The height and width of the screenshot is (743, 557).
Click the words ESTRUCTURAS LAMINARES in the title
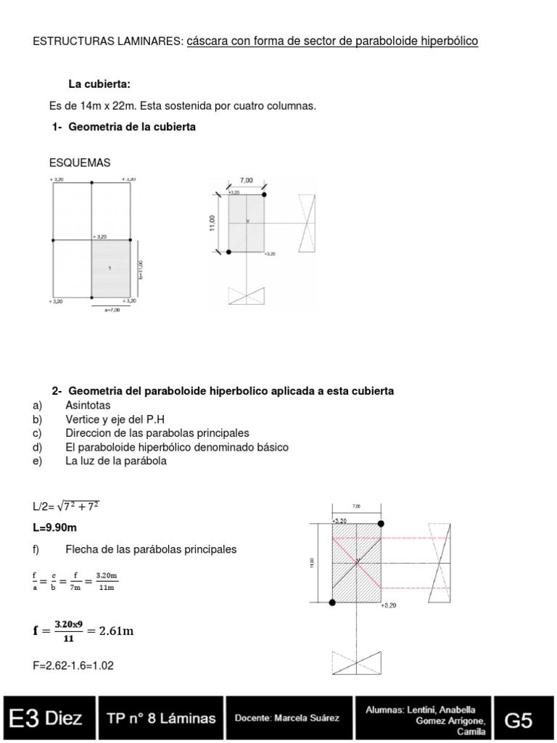pos(108,41)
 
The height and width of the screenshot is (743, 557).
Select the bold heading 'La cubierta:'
pos(99,84)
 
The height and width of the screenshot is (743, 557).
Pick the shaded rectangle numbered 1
pos(111,268)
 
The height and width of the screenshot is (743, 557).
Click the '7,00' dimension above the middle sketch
pos(247,179)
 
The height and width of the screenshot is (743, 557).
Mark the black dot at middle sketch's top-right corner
pos(264,194)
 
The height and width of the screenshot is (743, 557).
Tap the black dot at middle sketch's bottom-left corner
pos(228,252)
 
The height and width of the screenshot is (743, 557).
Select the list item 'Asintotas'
pos(88,405)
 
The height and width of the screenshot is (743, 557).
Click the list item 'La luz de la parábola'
pos(116,461)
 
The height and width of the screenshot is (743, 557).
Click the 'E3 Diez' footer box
pos(47,719)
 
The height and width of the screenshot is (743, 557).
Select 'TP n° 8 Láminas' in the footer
pos(161,719)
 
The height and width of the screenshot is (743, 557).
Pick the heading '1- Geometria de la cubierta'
pos(123,127)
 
